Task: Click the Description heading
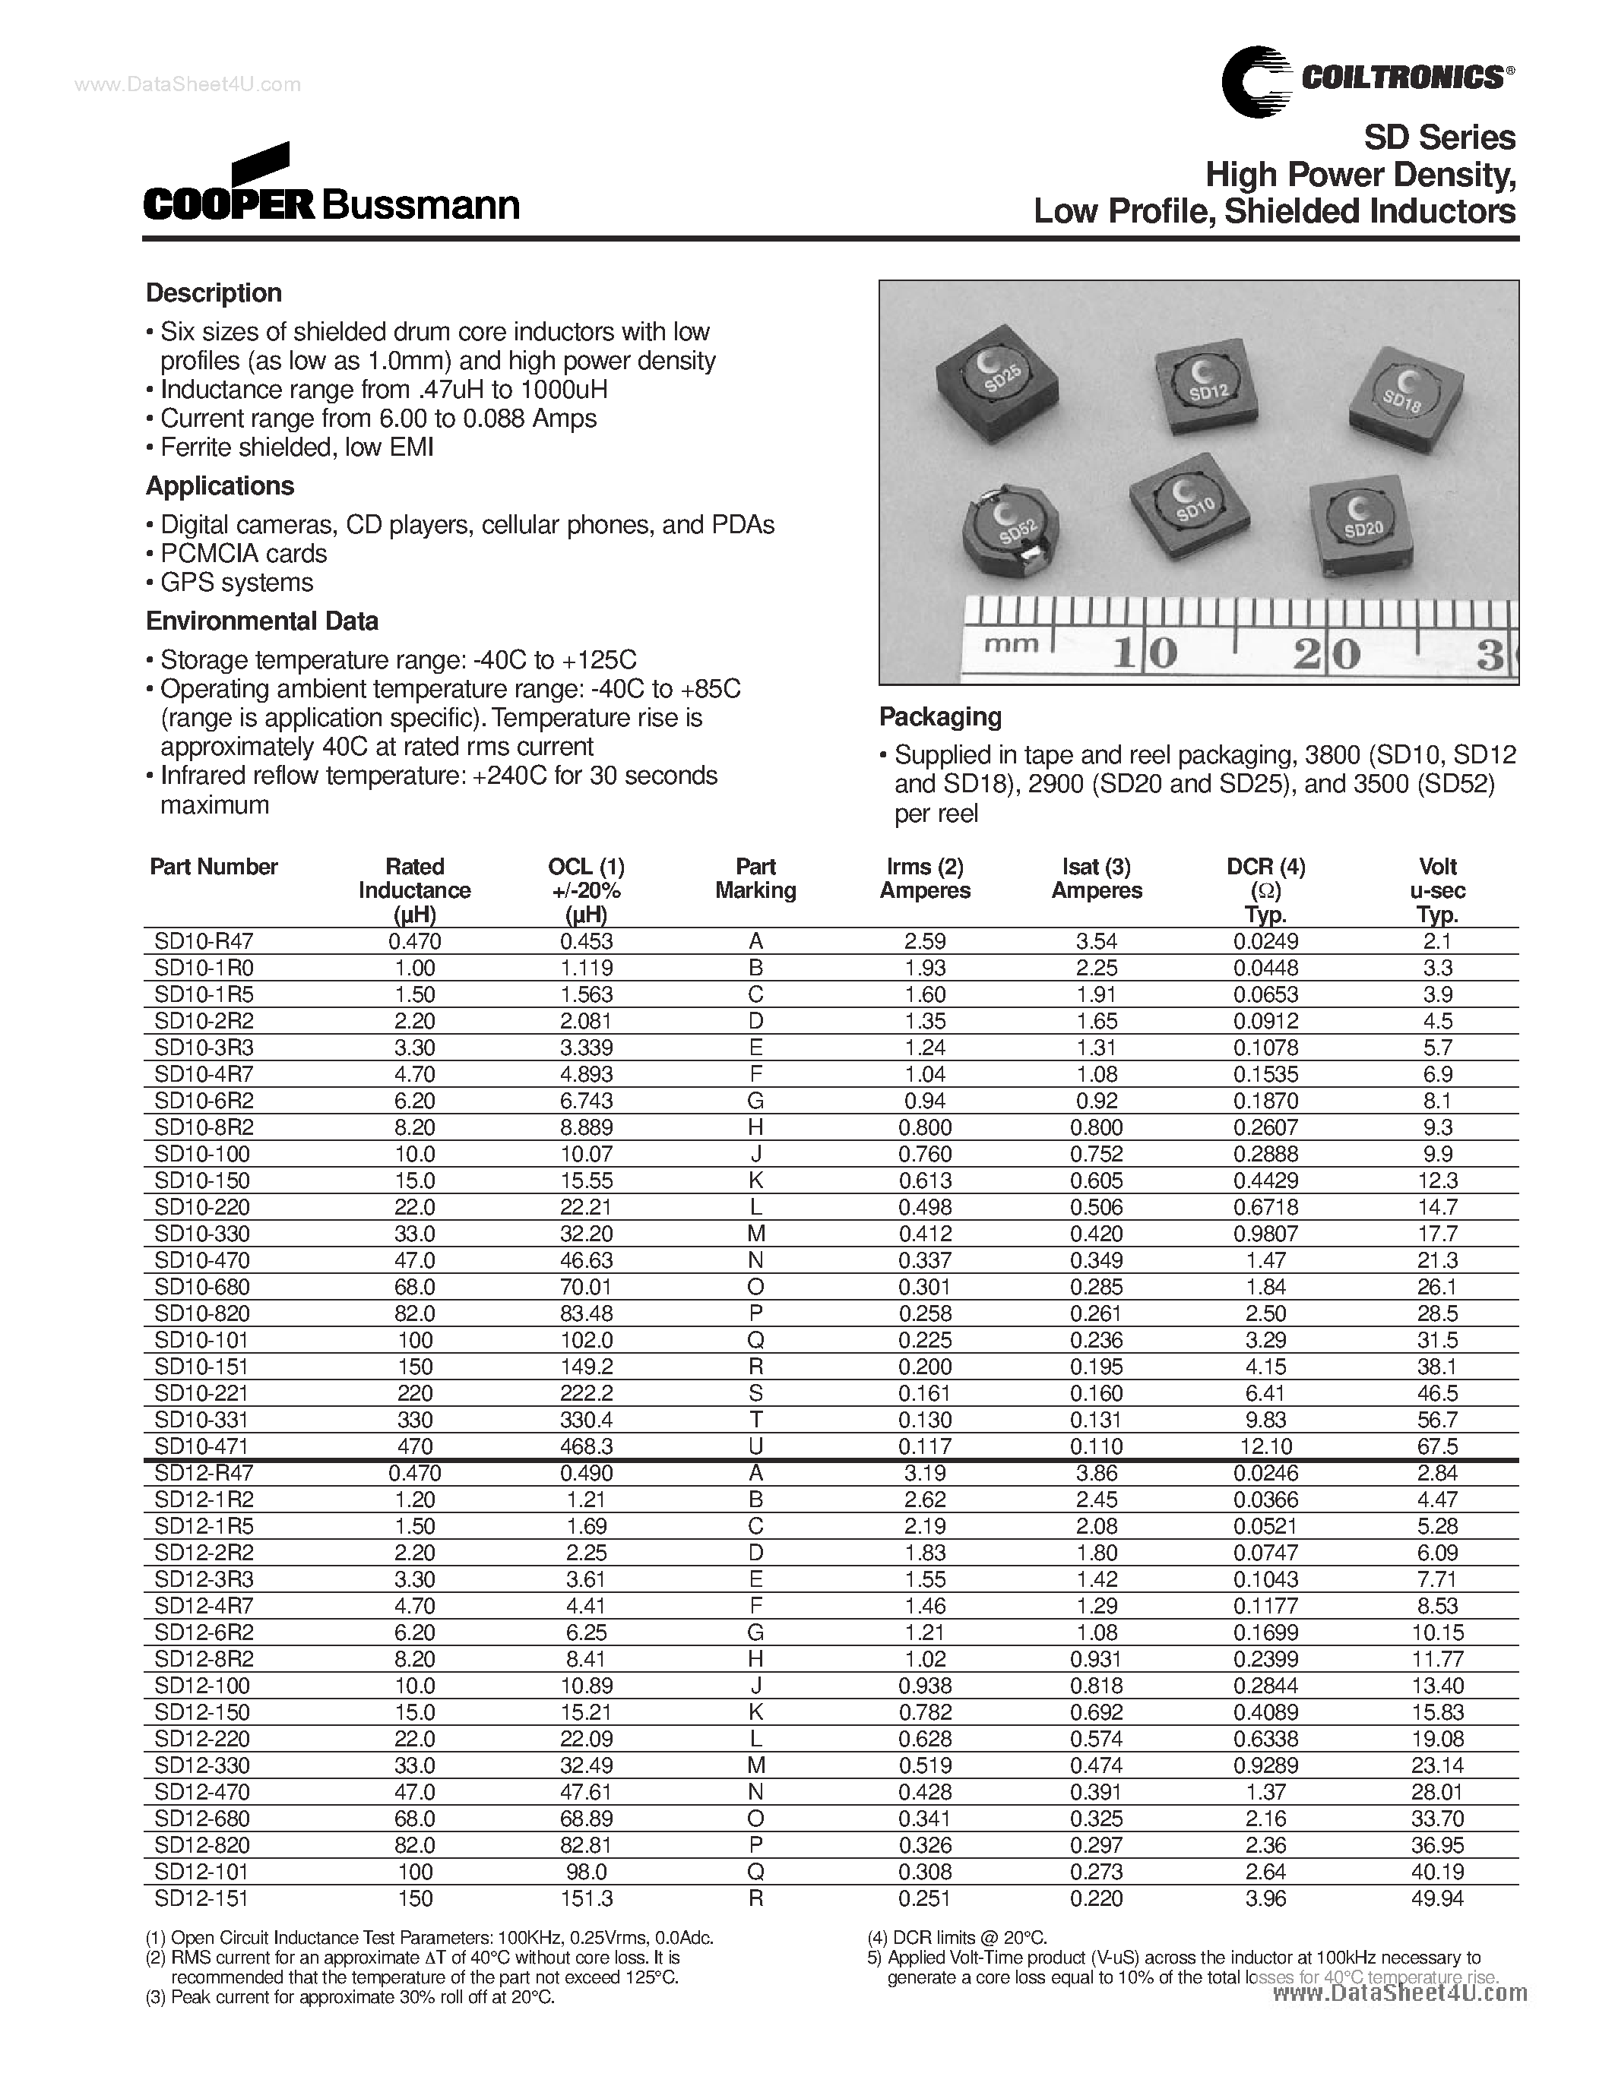214,292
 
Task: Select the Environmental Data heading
261,621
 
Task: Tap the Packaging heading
939,716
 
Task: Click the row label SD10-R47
203,940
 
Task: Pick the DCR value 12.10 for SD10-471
1266,1446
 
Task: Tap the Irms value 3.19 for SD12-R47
924,1473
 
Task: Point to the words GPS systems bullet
236,583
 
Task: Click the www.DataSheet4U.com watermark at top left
188,84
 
